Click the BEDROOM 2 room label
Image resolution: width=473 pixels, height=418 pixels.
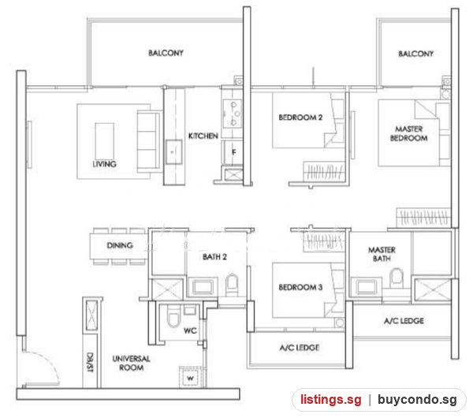pos(300,117)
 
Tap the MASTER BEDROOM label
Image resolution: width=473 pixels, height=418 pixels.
pos(408,133)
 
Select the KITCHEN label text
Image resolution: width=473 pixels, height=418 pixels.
pos(203,136)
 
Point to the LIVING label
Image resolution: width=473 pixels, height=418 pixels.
pos(104,164)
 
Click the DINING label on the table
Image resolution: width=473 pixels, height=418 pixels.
pos(120,245)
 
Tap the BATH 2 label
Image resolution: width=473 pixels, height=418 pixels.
pos(214,257)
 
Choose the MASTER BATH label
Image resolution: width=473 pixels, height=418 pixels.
pos(382,254)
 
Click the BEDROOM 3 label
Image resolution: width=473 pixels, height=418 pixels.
pos(300,287)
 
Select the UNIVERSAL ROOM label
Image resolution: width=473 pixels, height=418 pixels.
pos(131,363)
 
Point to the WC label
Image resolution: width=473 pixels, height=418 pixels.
pos(190,330)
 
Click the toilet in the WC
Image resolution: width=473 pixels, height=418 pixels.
pos(173,315)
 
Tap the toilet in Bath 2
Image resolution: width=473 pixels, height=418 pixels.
pos(232,284)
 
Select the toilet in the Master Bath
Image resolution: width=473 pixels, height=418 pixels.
pos(397,278)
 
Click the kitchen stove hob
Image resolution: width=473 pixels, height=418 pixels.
pos(232,114)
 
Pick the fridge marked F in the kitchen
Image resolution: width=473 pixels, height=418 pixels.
pos(233,152)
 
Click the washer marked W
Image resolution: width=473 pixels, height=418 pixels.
pos(190,377)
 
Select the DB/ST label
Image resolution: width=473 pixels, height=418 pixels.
pos(90,362)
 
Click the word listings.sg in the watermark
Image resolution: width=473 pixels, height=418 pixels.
pos(330,400)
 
